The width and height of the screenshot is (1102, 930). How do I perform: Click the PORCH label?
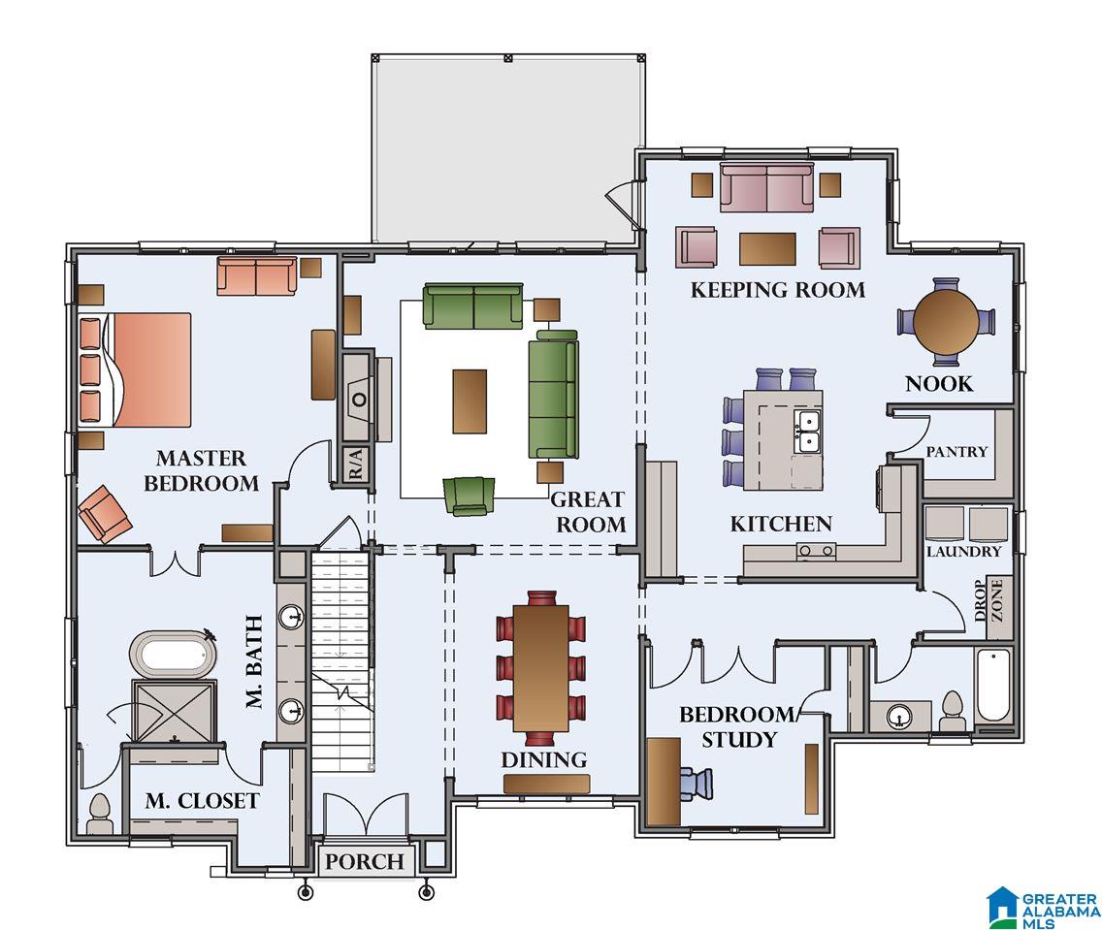pyautogui.click(x=365, y=861)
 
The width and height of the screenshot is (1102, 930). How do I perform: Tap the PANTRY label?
pyautogui.click(x=956, y=451)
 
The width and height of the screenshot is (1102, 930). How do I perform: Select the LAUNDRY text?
pyautogui.click(x=963, y=552)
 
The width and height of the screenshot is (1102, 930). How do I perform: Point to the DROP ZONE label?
pyautogui.click(x=989, y=600)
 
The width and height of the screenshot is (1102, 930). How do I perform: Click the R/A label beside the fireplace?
pyautogui.click(x=356, y=464)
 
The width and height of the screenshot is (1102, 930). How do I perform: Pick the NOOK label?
pyautogui.click(x=939, y=383)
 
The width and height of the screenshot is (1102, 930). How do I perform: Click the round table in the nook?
pyautogui.click(x=947, y=322)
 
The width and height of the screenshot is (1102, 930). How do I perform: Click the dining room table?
pyautogui.click(x=541, y=668)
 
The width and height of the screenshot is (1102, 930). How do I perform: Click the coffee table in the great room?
pyautogui.click(x=470, y=401)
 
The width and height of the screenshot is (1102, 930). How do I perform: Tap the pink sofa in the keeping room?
pyautogui.click(x=766, y=187)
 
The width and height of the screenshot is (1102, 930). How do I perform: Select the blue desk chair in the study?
pyautogui.click(x=697, y=784)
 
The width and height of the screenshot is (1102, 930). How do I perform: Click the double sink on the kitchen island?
pyautogui.click(x=807, y=432)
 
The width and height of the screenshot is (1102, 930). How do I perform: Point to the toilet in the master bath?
pyautogui.click(x=99, y=814)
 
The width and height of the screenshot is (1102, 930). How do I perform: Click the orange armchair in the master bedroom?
pyautogui.click(x=106, y=514)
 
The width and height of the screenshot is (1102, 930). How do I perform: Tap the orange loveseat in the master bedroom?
pyautogui.click(x=256, y=276)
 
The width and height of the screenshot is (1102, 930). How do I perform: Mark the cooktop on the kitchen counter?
pyautogui.click(x=817, y=552)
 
